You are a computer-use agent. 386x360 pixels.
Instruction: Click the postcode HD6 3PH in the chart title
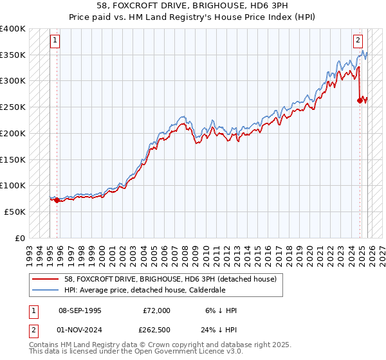coord(254,6)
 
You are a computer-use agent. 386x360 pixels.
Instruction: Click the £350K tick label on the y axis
coord(13,55)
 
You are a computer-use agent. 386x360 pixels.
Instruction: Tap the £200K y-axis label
coord(13,133)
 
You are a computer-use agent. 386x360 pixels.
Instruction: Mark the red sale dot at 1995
coord(57,200)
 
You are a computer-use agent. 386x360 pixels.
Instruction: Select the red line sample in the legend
coord(46,279)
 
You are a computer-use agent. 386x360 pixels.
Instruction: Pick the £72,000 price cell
coord(156,310)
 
